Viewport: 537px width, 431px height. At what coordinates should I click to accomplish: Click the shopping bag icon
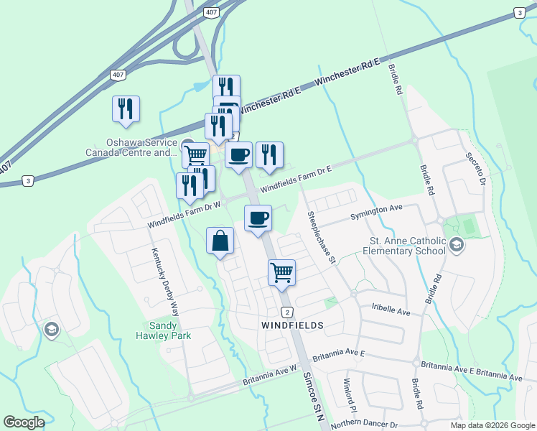coord(220,241)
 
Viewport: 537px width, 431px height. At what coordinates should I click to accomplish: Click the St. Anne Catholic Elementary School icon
coord(455,246)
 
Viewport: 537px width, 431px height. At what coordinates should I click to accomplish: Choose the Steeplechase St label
coord(321,236)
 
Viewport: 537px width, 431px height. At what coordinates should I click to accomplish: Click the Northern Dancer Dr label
coord(364,425)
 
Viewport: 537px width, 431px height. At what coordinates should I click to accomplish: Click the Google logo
coord(24,422)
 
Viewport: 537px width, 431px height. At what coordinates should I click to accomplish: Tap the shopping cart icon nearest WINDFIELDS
coord(281,272)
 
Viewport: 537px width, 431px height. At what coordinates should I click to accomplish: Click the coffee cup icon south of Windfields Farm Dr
coord(258,218)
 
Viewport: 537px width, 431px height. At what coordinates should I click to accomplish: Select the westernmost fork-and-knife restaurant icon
coord(126,108)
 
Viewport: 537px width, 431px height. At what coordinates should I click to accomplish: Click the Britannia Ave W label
coord(270,374)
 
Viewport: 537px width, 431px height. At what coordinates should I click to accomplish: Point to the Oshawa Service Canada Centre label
coord(131,148)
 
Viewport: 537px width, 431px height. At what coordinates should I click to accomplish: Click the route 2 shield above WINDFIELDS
coord(286,312)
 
